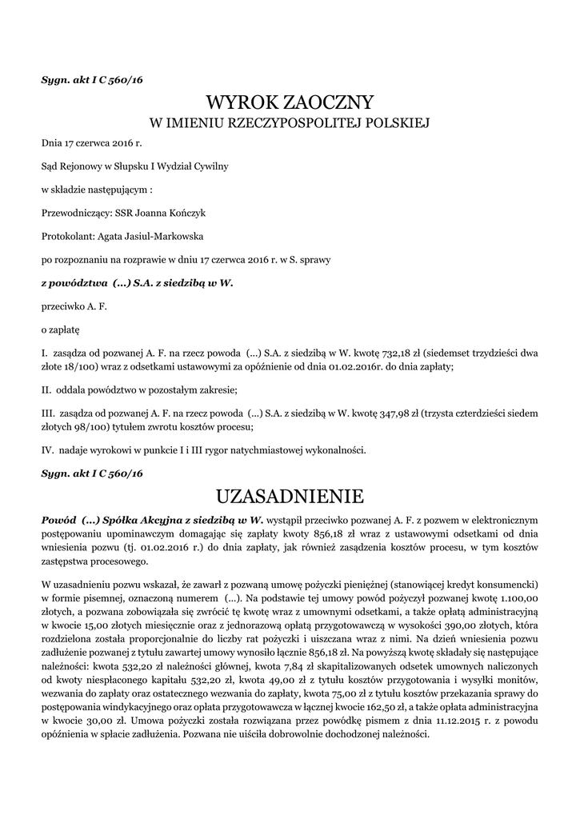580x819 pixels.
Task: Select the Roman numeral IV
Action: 46,450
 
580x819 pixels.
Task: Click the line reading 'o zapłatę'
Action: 60,329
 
